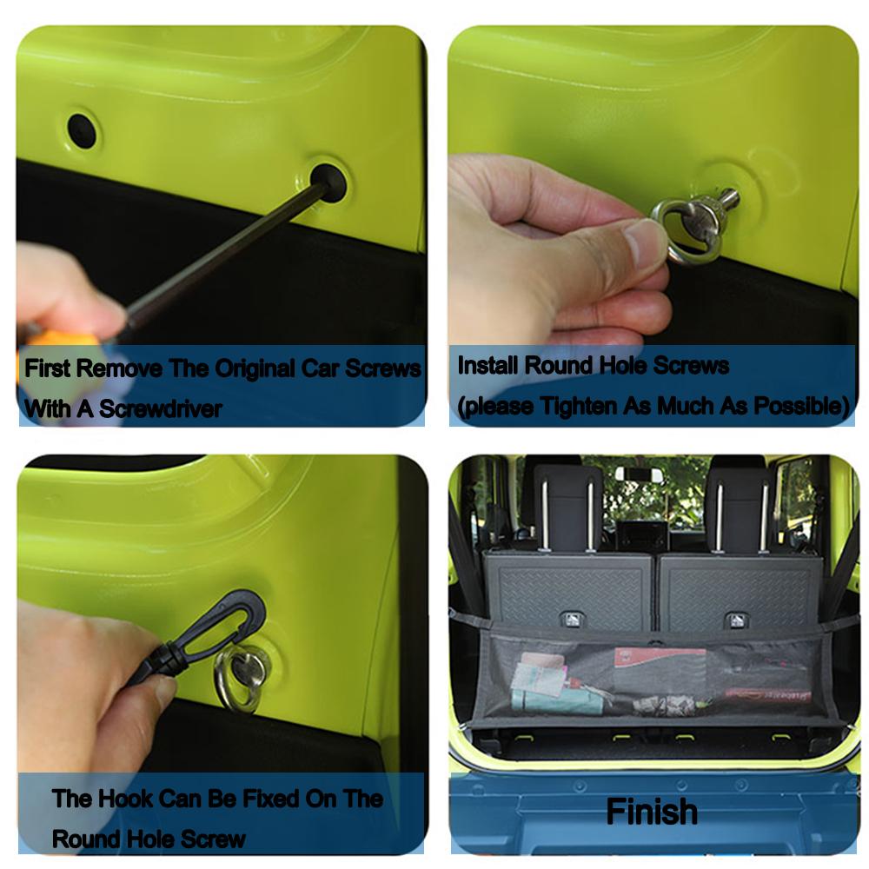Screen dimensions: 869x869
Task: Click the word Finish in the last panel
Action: pyautogui.click(x=652, y=812)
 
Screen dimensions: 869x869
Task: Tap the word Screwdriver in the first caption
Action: pyautogui.click(x=161, y=409)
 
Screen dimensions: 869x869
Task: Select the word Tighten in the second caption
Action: pyautogui.click(x=579, y=406)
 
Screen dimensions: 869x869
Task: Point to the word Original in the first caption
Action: pyautogui.click(x=255, y=368)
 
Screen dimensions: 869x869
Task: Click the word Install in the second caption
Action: pyautogui.click(x=488, y=366)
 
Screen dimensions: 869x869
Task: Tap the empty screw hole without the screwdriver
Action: pyautogui.click(x=82, y=131)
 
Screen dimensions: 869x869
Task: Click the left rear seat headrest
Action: pyautogui.click(x=567, y=508)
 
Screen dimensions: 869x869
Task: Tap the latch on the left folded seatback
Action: pyautogui.click(x=572, y=619)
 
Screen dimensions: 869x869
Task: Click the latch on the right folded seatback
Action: pyautogui.click(x=735, y=620)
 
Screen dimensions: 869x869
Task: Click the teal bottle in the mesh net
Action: pyautogui.click(x=557, y=700)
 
